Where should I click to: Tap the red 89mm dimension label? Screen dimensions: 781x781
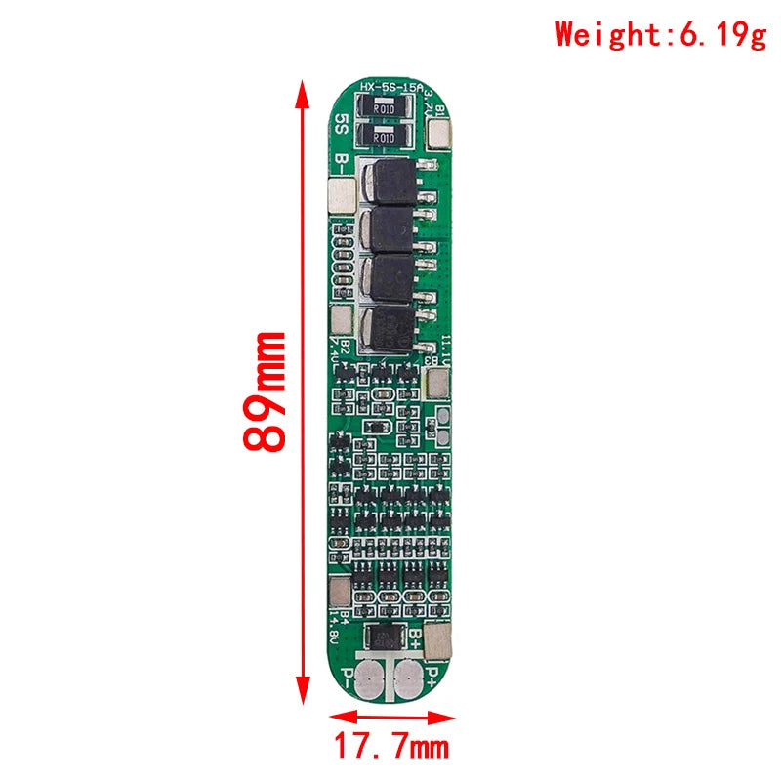266,390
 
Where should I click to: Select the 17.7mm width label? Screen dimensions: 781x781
391,748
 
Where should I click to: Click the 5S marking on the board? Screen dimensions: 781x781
341,125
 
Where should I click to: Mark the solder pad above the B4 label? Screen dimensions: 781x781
340,592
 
